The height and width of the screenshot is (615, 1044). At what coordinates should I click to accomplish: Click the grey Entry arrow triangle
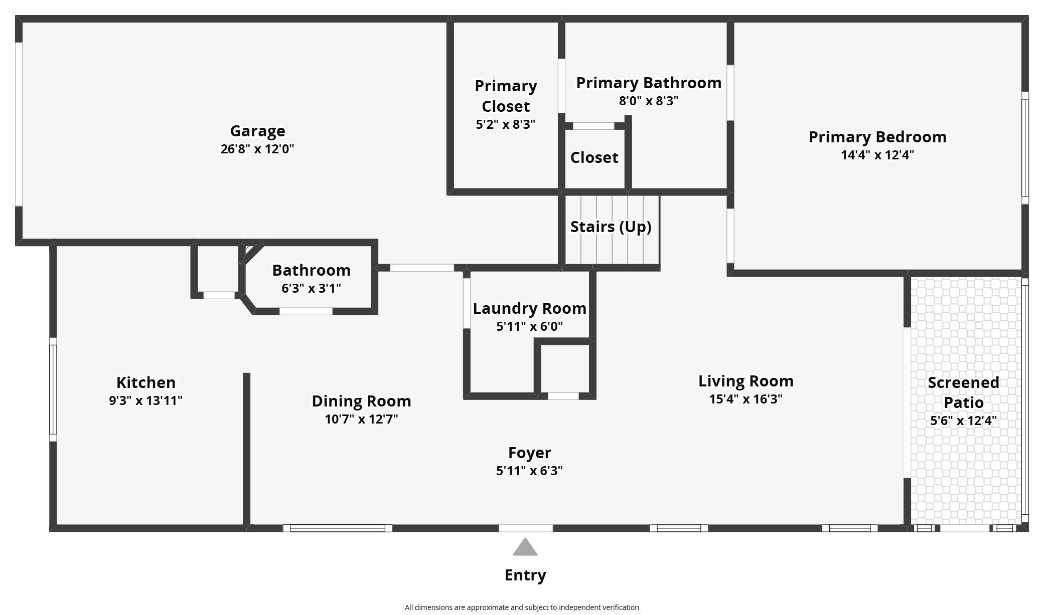click(x=525, y=547)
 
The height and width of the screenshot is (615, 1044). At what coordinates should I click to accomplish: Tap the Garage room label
click(x=257, y=131)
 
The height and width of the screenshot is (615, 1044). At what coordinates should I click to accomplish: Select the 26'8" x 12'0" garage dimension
click(x=257, y=149)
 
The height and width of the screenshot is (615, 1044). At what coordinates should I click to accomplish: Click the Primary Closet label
click(x=506, y=96)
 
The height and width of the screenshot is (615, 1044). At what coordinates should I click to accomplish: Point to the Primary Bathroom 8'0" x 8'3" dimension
click(x=649, y=101)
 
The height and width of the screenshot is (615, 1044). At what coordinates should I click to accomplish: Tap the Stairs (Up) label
click(x=611, y=227)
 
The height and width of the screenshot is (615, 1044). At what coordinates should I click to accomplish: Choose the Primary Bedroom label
click(x=877, y=137)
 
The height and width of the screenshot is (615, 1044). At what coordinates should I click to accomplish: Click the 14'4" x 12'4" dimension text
click(x=877, y=155)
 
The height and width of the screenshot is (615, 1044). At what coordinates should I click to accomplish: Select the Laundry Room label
click(x=530, y=308)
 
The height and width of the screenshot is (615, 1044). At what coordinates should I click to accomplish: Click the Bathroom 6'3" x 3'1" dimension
click(x=312, y=288)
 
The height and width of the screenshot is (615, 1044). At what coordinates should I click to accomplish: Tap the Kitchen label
click(x=146, y=382)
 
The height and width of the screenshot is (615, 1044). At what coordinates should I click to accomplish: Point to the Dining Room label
click(x=361, y=401)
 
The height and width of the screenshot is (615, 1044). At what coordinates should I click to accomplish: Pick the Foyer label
click(x=530, y=453)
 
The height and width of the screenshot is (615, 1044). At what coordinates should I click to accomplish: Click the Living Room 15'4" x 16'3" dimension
click(x=746, y=399)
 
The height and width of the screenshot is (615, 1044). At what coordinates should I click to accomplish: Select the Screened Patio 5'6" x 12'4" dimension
click(x=963, y=421)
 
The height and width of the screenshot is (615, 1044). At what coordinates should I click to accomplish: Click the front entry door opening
click(x=526, y=528)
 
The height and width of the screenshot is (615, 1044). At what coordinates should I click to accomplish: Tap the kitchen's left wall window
click(x=53, y=389)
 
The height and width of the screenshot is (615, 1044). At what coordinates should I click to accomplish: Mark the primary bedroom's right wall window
click(x=1025, y=148)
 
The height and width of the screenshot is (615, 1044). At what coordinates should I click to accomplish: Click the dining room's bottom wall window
click(x=338, y=528)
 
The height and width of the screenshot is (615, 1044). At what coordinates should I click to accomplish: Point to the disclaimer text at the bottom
click(x=522, y=607)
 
